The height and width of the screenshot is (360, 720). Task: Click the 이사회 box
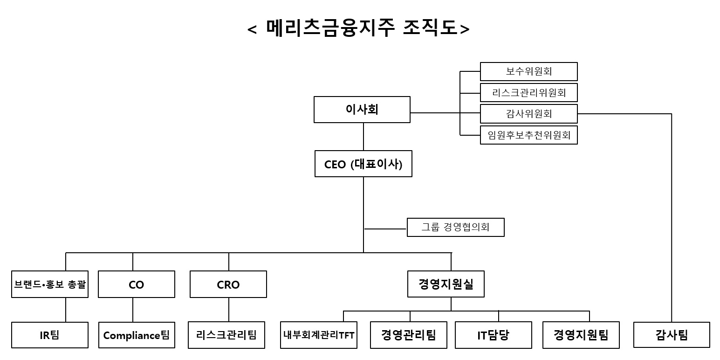coord(362,110)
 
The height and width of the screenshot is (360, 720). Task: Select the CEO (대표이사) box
coord(363,164)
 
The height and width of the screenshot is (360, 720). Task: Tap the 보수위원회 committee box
coord(529,71)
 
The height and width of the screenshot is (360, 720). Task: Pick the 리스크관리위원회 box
coord(529,92)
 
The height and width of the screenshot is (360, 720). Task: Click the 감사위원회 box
coord(529,113)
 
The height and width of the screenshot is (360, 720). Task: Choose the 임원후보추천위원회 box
coord(529,135)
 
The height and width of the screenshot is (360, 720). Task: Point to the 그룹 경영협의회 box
coord(455,228)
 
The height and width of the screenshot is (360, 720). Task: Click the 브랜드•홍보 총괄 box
coord(50,284)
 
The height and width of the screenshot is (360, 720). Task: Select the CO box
coord(137,284)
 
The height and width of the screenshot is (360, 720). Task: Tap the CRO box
coord(228,284)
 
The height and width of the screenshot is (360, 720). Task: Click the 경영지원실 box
coord(446,284)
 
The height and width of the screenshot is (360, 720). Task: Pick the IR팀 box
coord(50,335)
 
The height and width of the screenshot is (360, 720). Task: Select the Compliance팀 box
coord(137,335)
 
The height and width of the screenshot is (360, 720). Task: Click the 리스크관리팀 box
coord(226,335)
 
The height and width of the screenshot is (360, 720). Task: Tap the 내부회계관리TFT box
coord(319,335)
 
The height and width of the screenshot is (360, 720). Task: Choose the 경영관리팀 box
coord(409,335)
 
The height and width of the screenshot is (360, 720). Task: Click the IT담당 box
coord(494,335)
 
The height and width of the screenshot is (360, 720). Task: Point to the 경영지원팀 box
coord(581,335)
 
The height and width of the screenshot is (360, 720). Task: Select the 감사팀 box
coord(672,335)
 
